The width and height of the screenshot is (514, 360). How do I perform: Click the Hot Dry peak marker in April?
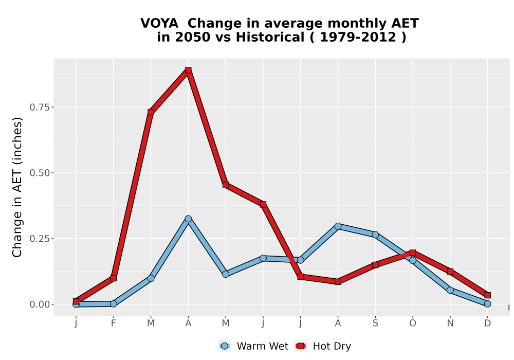(188, 70)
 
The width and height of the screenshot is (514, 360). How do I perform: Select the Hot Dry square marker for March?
(151, 112)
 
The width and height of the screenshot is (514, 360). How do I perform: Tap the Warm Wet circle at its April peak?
(188, 219)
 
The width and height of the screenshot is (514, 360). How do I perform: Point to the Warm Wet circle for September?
(375, 235)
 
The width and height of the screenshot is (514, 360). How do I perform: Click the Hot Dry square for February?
(114, 278)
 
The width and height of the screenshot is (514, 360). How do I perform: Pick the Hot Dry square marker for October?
(413, 253)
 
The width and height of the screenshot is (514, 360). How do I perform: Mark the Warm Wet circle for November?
(450, 290)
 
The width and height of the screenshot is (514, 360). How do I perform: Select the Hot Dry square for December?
(487, 295)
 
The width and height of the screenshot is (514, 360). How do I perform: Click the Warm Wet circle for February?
(114, 303)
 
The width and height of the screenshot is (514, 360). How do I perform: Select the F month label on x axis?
(114, 323)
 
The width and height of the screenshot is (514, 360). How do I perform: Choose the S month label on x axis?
(375, 323)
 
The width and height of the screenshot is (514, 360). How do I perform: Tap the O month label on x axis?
(413, 323)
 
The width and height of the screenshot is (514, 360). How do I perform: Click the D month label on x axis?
(487, 323)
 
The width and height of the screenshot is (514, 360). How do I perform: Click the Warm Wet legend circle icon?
(225, 346)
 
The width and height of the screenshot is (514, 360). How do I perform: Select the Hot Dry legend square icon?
(301, 346)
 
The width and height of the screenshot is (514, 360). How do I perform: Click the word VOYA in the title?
(159, 23)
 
